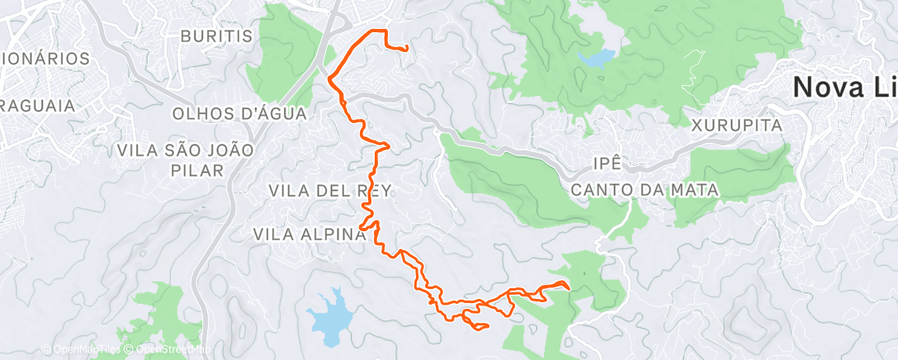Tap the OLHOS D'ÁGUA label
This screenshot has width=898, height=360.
[239, 114]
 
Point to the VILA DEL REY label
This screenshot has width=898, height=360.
[329, 191]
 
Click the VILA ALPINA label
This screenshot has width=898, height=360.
[310, 234]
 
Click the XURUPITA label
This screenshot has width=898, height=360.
[737, 126]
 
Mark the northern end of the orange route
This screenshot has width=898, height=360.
[407, 50]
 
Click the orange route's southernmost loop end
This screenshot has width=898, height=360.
[487, 326]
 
